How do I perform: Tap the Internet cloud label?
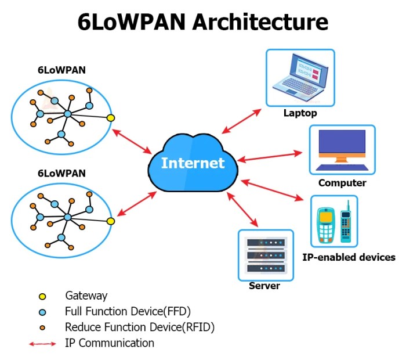coord(193,163)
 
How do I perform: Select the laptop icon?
coord(300,78)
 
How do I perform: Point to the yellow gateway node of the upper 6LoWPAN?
coord(110,118)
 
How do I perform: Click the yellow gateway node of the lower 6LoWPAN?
coord(110,221)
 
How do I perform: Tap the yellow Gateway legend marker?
coord(42,296)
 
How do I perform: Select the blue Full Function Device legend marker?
coord(42,312)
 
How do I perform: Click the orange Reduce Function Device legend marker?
coord(42,327)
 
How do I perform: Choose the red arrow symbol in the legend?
coord(42,344)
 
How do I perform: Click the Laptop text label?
coord(300,113)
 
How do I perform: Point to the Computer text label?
coord(342,183)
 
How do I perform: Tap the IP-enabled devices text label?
coord(349,257)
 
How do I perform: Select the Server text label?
coord(264,286)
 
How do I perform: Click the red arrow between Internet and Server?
coord(245,208)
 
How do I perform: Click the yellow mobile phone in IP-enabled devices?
coord(326,224)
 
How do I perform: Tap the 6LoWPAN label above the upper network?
coord(61,71)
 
